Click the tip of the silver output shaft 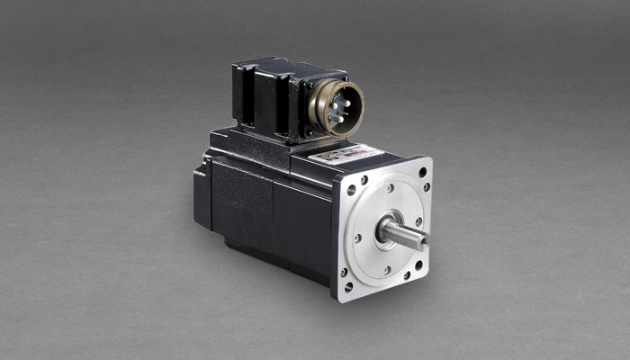pos(421,239)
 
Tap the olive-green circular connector pos(336,107)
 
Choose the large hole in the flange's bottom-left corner pos(346,288)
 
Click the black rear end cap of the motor pos(202,194)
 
